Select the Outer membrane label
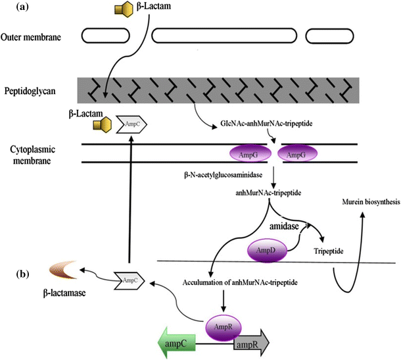(x=32, y=37)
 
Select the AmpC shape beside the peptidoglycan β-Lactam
(x=131, y=123)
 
